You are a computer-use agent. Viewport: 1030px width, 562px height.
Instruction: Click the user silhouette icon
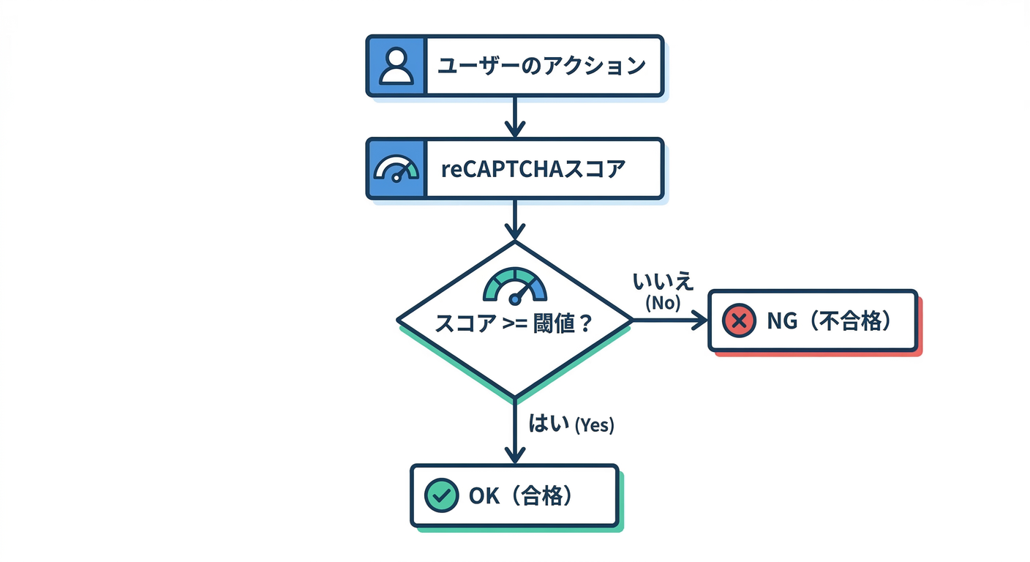(x=396, y=66)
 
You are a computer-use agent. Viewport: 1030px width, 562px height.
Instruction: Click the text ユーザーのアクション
(x=541, y=66)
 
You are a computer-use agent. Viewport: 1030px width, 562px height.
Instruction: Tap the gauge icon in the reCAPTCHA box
(x=396, y=169)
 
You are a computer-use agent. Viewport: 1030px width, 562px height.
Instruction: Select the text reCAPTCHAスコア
(x=533, y=169)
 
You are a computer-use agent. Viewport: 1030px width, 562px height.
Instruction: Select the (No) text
(x=663, y=303)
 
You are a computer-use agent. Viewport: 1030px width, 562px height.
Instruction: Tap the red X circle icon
(x=739, y=321)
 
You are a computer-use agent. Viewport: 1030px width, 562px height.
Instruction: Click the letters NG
(x=784, y=321)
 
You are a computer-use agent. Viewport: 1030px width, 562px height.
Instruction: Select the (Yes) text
(x=595, y=425)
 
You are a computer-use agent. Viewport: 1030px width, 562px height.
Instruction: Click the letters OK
(x=484, y=495)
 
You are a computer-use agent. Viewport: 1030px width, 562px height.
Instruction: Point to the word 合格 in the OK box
(x=542, y=495)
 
